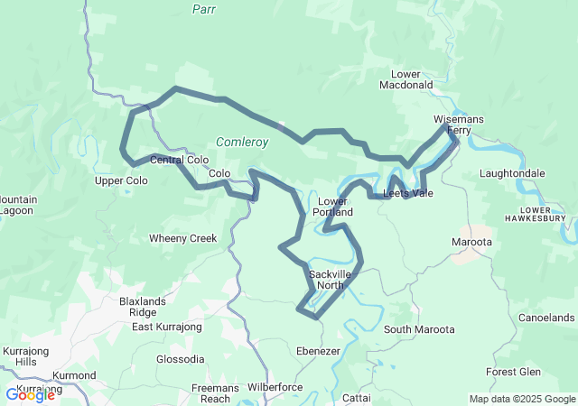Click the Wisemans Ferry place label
point(459,125)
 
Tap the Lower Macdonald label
point(412,79)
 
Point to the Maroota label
point(471,242)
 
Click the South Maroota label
point(418,329)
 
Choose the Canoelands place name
point(546,318)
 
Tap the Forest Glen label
point(513,372)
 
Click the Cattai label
point(358,397)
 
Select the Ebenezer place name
point(318,350)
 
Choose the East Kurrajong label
point(165,327)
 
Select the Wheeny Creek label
point(183,239)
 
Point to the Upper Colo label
point(121,180)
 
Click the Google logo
point(30,394)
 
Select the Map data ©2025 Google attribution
point(521,399)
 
